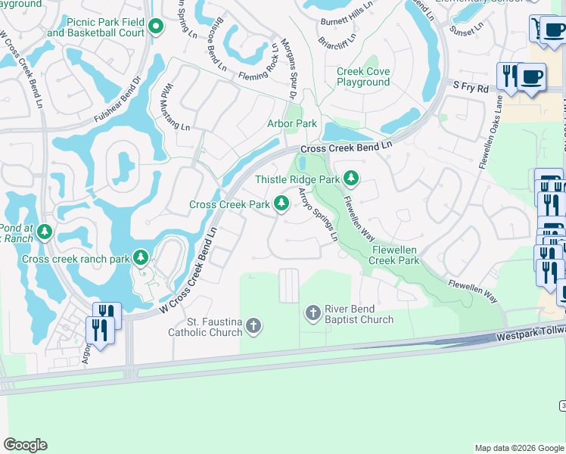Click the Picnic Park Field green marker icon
(156, 28)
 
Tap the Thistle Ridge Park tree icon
(350, 179)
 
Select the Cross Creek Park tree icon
(281, 204)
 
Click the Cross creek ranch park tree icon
(140, 258)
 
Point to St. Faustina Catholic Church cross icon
(253, 326)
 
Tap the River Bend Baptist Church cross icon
(313, 313)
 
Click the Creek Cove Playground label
(363, 76)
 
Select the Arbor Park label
(292, 123)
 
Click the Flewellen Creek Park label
(393, 255)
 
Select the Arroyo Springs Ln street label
(318, 215)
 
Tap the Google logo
(25, 445)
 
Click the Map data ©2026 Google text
(518, 448)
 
